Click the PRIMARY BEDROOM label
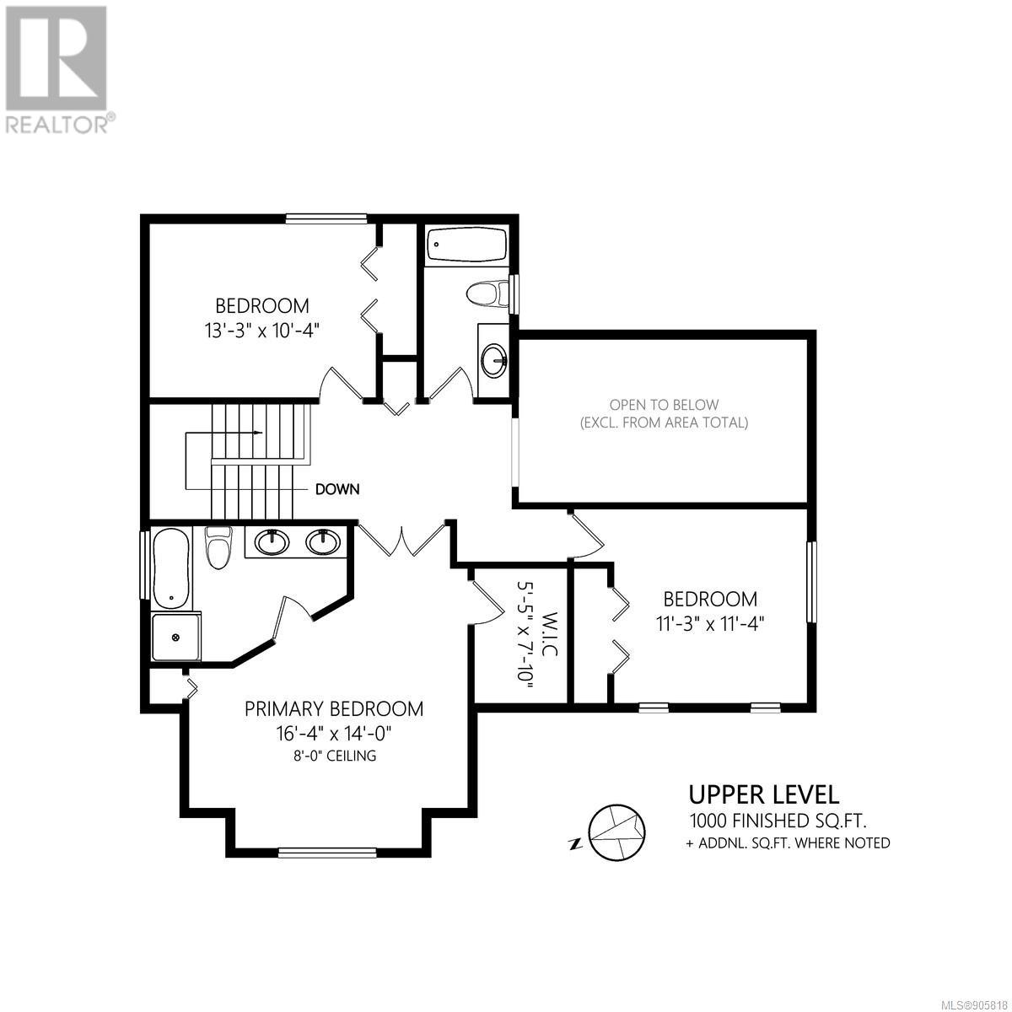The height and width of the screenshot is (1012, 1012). (x=334, y=709)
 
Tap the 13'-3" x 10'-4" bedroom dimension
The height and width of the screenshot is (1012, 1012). (x=262, y=331)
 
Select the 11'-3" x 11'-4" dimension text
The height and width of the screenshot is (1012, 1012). (x=710, y=624)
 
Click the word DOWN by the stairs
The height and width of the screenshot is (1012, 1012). (x=337, y=489)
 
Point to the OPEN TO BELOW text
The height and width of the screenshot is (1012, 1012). (x=664, y=405)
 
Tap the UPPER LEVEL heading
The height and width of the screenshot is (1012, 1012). (x=763, y=795)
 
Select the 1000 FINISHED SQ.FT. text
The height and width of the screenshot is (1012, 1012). (x=778, y=820)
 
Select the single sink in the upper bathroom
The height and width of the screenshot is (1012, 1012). (x=493, y=360)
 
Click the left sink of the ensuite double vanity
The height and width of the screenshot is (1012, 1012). (x=272, y=542)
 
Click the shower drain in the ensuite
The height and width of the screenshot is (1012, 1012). (x=175, y=637)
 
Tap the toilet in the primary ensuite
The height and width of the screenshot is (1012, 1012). (x=218, y=548)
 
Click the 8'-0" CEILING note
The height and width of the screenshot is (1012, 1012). (x=334, y=756)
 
